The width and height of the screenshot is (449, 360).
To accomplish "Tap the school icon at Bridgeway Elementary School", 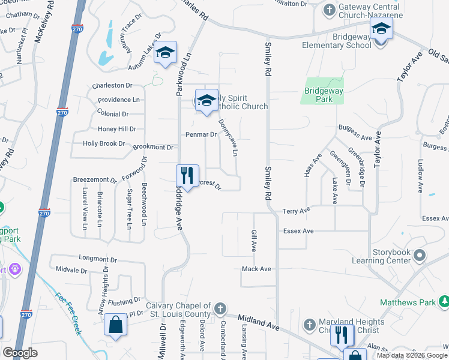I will click(381, 28).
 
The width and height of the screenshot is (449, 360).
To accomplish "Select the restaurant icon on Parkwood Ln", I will click(187, 176).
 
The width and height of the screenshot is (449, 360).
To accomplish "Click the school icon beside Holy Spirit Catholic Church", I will click(206, 100).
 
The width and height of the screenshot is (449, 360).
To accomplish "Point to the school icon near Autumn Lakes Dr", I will click(165, 52).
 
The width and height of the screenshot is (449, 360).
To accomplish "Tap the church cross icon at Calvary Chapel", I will click(220, 309).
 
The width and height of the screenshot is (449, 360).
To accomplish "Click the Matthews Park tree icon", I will click(444, 301).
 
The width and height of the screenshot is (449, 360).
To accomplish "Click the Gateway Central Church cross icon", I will click(329, 10).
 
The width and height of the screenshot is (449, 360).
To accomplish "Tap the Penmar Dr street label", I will click(200, 134).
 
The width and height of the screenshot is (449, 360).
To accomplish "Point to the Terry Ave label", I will click(296, 211).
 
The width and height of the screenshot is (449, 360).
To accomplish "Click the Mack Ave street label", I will click(256, 269).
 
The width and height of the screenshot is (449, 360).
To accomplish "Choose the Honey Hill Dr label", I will click(117, 129).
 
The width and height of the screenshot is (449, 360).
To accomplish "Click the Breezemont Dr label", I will click(94, 179).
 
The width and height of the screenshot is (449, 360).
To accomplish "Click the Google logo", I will click(20, 353).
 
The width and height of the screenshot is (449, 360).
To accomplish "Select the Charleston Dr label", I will click(112, 86).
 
